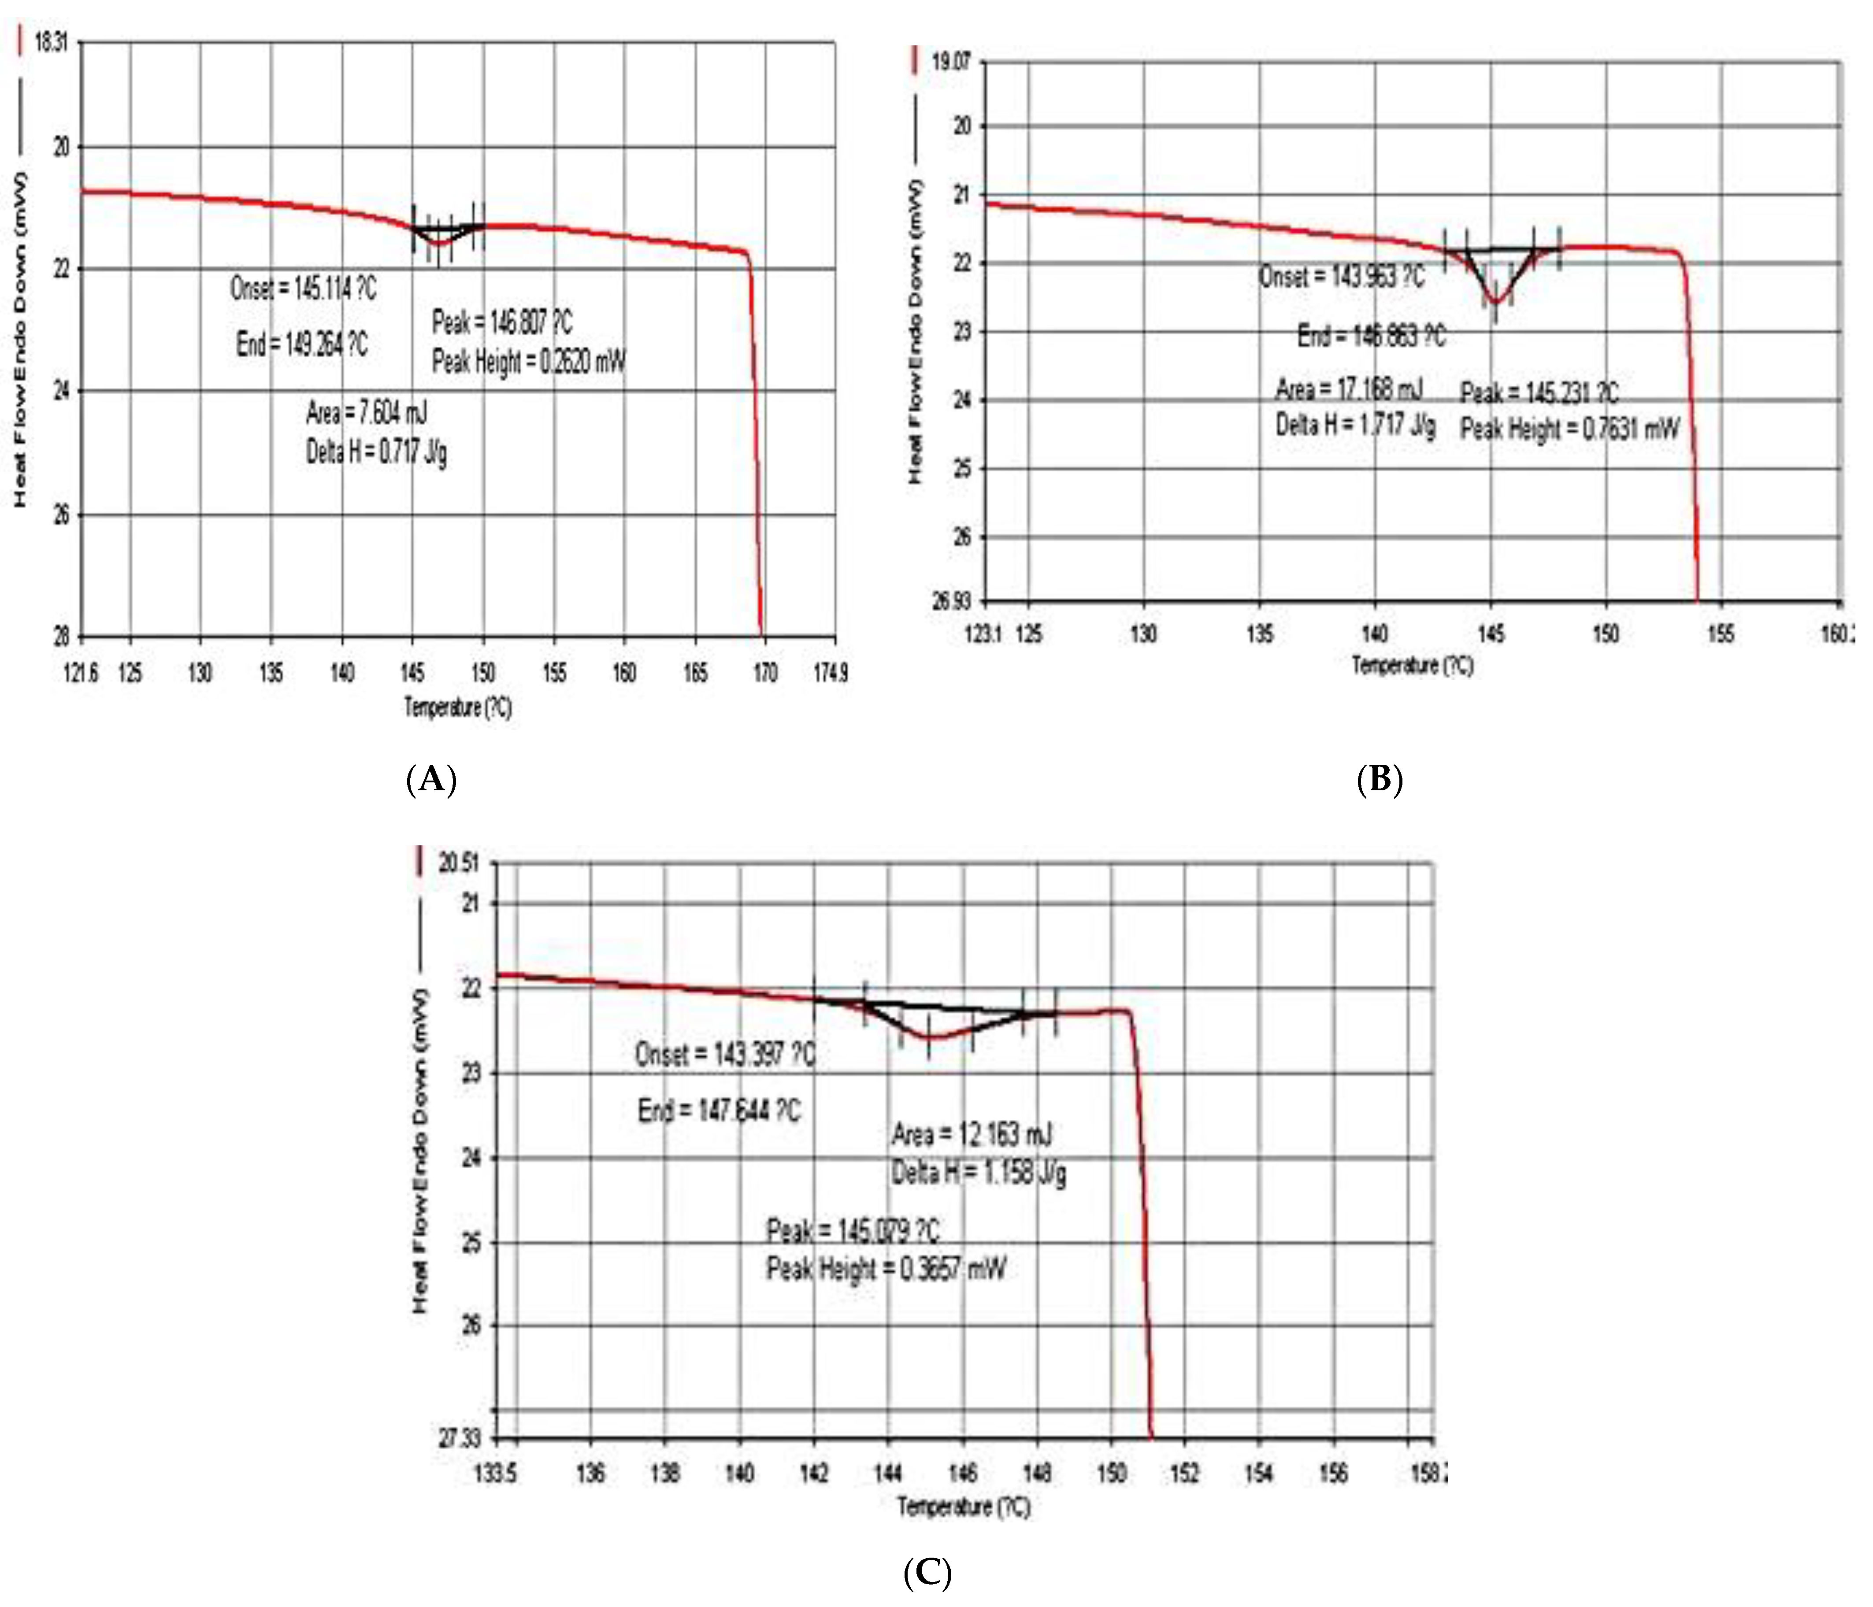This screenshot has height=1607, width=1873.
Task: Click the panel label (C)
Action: [x=927, y=1573]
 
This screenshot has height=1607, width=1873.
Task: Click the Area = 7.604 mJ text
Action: [x=366, y=414]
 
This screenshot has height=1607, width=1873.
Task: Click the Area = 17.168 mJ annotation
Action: [x=1348, y=389]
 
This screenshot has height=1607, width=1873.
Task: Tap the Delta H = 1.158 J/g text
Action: [x=978, y=1173]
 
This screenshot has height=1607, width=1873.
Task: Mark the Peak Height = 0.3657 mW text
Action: [x=886, y=1269]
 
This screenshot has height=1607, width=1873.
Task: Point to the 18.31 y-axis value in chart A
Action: [x=51, y=42]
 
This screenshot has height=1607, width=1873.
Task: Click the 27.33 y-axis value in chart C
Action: [x=459, y=1438]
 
